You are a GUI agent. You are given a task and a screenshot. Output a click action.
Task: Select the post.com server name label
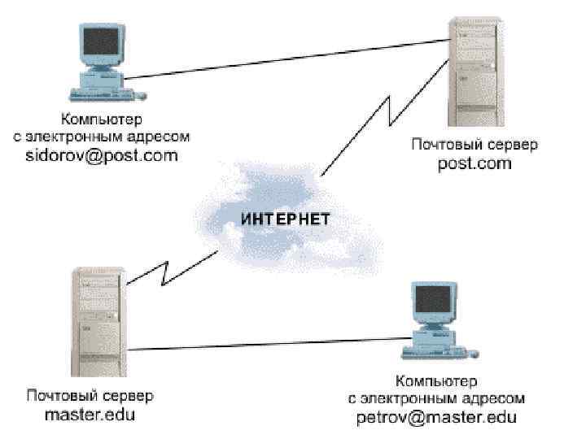(x=474, y=163)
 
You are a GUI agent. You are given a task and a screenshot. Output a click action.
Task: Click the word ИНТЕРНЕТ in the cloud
(x=285, y=219)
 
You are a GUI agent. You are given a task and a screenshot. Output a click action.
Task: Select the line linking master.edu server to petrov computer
(x=260, y=345)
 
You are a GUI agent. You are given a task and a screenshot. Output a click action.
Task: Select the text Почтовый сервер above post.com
(x=474, y=145)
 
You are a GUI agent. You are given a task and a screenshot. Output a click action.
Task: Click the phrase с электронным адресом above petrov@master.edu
(x=436, y=398)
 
